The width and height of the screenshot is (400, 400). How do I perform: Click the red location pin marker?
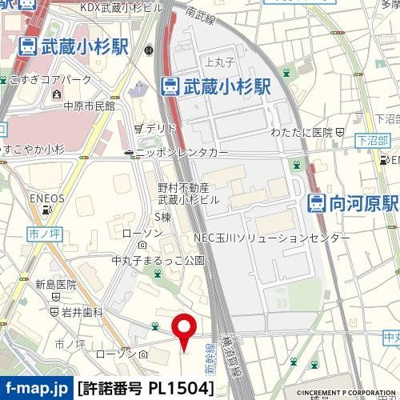pos(186,330)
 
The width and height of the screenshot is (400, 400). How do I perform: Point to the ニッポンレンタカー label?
pos(181,152)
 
